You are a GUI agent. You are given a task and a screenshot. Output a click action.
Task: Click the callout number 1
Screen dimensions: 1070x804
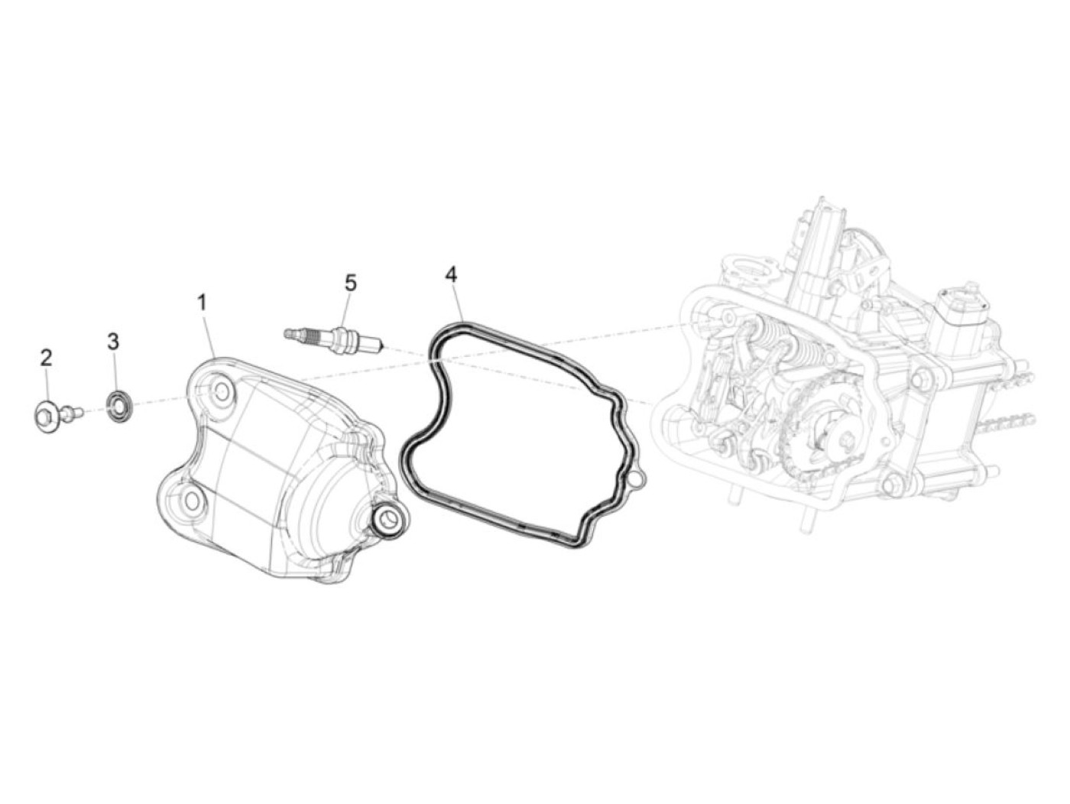point(201,303)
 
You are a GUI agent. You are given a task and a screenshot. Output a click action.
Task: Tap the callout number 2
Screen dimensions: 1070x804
point(47,358)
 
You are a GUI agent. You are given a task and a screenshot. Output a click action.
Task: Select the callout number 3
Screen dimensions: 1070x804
point(113,342)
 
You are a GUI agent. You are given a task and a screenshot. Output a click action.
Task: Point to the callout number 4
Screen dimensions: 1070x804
point(452,275)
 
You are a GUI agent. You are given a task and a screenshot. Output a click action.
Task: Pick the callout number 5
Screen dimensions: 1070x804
point(351,283)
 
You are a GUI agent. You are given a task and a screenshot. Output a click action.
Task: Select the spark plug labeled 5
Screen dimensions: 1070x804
point(333,336)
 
